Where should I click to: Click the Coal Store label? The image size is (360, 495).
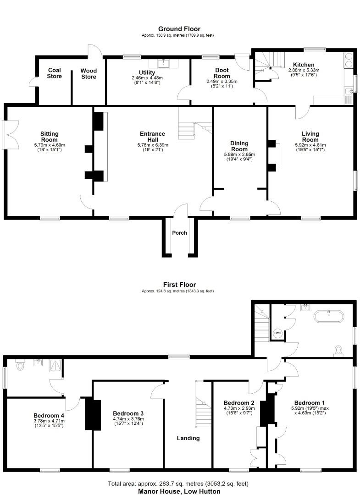tap(54, 73)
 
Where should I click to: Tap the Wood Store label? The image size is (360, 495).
tap(89, 74)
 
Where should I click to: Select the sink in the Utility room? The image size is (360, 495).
tap(163, 64)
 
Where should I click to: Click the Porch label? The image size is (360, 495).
tap(179, 233)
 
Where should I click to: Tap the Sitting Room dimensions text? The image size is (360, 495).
tap(50, 147)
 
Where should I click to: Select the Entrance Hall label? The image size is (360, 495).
tap(153, 137)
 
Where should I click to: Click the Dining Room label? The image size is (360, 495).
tap(239, 146)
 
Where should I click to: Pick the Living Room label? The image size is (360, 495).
tap(310, 137)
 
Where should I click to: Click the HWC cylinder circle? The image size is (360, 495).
tap(277, 333)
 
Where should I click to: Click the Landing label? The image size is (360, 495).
tap(188, 438)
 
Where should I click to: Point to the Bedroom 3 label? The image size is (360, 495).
tap(128, 413)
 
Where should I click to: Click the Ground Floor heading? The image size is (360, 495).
tap(179, 29)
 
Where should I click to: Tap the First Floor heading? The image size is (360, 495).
tap(179, 285)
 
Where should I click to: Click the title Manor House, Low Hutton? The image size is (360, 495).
tap(179, 491)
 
